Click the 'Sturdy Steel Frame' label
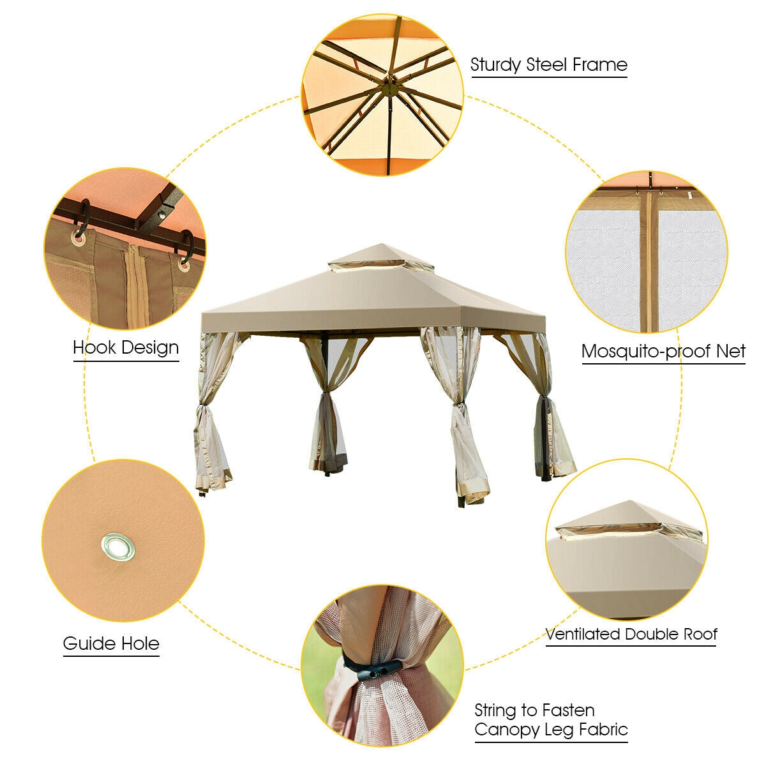(549, 64)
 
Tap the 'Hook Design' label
(126, 348)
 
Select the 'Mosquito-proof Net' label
(663, 351)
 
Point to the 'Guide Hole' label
(111, 643)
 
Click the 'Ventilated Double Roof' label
(631, 634)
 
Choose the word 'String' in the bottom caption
(495, 710)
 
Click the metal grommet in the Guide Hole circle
(118, 546)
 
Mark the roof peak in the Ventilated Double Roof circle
(629, 502)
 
